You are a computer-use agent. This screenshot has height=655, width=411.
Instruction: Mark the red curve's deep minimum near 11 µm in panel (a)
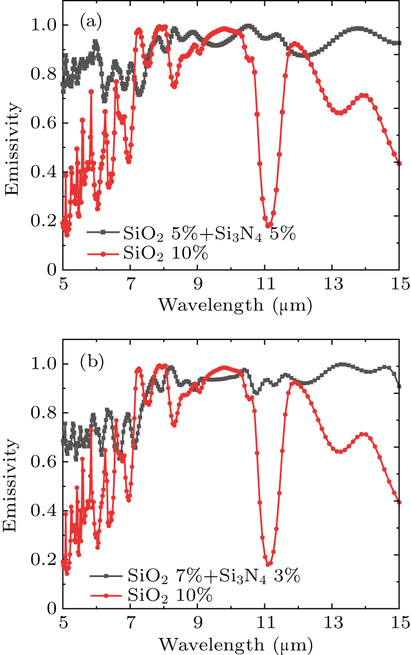(268, 225)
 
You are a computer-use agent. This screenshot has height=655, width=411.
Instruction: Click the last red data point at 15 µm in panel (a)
(399, 163)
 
